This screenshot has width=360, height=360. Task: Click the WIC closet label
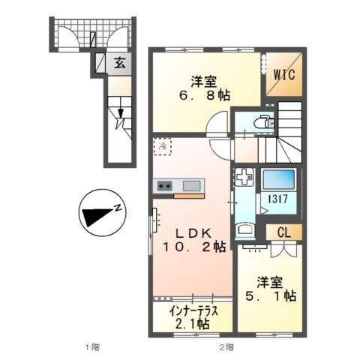(x=284, y=74)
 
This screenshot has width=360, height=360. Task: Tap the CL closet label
(x=284, y=233)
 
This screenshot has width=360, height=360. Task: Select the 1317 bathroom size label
(x=278, y=199)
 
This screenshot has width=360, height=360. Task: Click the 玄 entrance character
(x=119, y=63)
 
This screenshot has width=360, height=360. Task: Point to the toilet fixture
(x=264, y=122)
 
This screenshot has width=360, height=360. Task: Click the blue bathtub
(x=278, y=179)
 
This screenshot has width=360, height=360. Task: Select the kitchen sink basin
(x=191, y=186)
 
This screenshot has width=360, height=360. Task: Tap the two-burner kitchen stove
(x=165, y=186)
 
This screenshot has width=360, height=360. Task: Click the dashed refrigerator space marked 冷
(x=163, y=146)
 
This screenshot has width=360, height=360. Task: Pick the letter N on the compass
(x=118, y=208)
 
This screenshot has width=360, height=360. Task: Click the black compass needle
(x=97, y=216)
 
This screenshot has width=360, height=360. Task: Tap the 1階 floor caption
(x=92, y=347)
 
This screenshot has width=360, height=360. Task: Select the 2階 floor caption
(x=227, y=347)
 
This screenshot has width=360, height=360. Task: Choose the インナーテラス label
(x=193, y=311)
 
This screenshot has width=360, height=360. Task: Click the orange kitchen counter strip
(x=189, y=196)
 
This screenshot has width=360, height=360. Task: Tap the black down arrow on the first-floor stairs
(x=121, y=112)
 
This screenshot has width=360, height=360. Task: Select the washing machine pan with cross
(x=244, y=177)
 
